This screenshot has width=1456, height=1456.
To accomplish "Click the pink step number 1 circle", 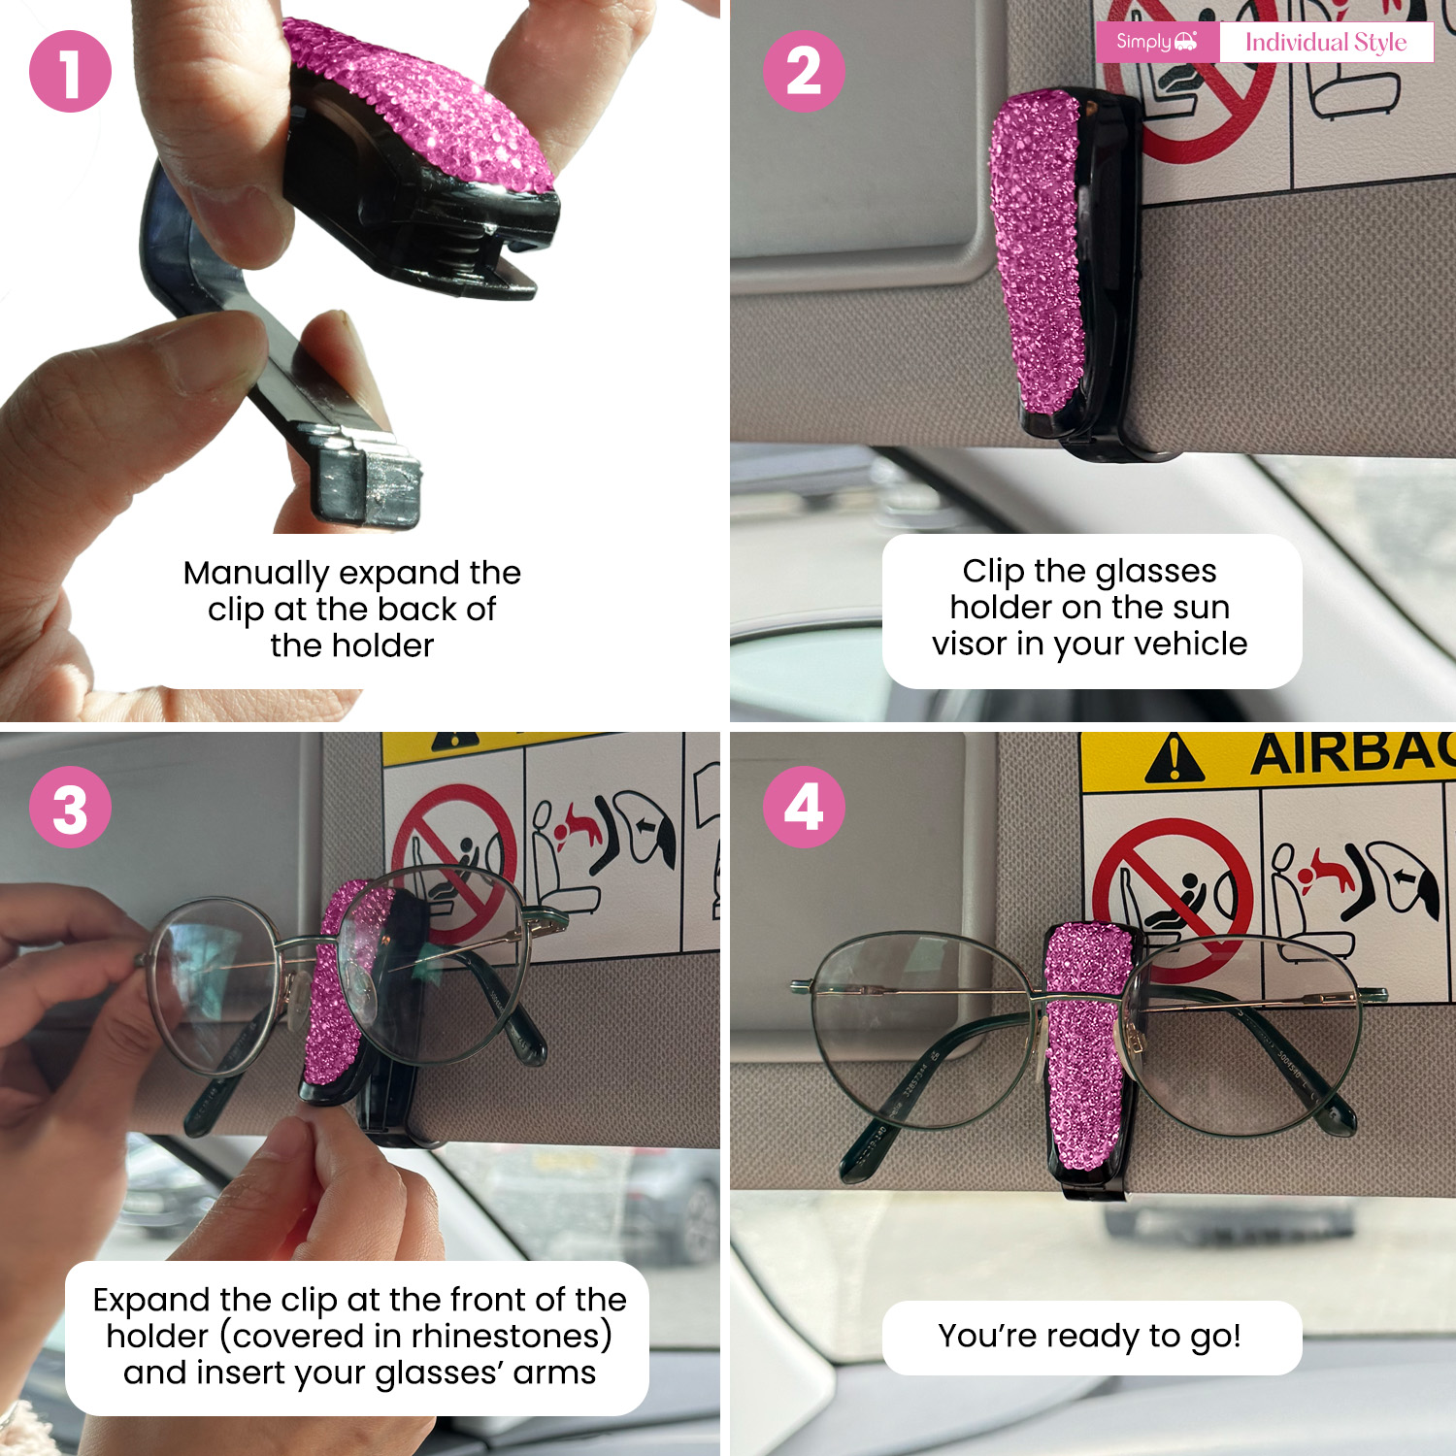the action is (x=70, y=71).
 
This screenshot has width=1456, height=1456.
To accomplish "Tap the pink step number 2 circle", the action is (x=804, y=71).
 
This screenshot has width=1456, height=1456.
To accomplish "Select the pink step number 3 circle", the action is (x=70, y=807).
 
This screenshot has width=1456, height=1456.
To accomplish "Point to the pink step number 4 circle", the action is (x=804, y=807).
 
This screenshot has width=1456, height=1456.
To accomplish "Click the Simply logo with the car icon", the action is (x=1156, y=42).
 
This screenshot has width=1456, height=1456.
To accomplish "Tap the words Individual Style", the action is (x=1326, y=43).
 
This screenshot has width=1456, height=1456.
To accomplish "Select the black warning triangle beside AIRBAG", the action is (x=1175, y=758).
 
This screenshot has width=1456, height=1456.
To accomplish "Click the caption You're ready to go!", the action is (x=1090, y=1337).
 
